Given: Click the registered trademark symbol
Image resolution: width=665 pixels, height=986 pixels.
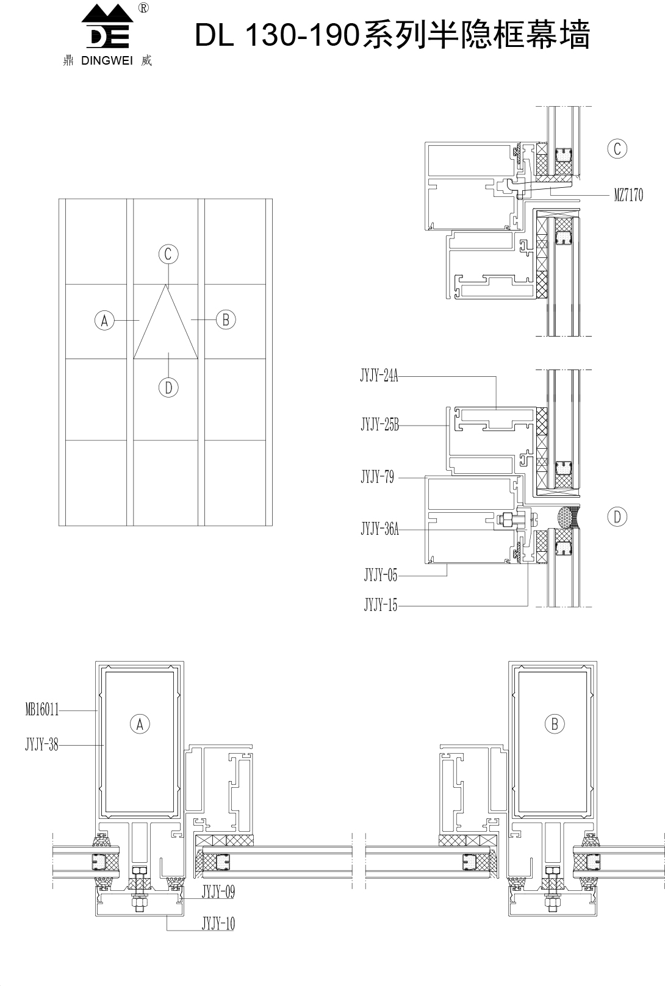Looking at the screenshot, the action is (x=143, y=8).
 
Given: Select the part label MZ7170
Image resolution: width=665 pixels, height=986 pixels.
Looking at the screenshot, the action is (x=628, y=195).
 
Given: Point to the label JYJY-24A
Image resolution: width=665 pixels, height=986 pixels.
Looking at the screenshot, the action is (x=379, y=376).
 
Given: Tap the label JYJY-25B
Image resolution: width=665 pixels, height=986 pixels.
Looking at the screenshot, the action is (x=379, y=425).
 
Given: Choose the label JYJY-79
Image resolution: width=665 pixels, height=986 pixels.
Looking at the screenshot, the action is (x=378, y=477).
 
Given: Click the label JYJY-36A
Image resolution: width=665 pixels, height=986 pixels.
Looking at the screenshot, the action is (x=379, y=528).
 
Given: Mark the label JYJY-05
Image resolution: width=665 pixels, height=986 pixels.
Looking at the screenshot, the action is (x=381, y=575).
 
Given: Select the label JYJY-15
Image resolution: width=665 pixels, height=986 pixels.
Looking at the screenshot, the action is (x=381, y=606).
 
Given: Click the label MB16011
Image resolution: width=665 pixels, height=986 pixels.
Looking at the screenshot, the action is (x=42, y=710).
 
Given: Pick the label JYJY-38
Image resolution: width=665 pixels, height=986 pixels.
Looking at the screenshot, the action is (x=42, y=745).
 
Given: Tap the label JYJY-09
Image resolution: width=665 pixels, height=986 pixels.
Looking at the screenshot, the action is (x=218, y=892).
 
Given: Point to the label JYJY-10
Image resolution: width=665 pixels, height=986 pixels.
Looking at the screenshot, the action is (x=218, y=923).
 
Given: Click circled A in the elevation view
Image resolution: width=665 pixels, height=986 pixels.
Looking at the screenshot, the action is (x=104, y=320).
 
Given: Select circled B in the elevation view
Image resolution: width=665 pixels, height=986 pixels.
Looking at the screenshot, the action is (x=226, y=320).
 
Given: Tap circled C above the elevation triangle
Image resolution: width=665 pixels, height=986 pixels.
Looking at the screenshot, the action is (x=168, y=254).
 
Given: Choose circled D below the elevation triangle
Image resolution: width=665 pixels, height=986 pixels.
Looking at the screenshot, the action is (x=168, y=388).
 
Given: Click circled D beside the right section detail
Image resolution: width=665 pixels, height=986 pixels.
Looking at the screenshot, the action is (x=617, y=516).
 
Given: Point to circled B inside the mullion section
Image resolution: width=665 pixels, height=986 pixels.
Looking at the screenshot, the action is (x=555, y=724).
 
